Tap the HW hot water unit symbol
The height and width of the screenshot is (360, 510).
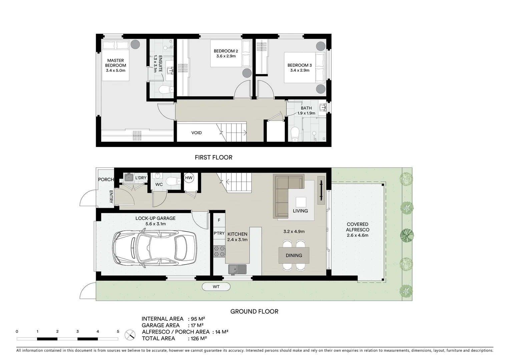click(189, 178)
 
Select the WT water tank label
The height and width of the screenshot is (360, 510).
click(216, 287)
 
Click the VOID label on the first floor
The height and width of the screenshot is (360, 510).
click(196, 133)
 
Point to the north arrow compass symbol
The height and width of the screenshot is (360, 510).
click(130, 335)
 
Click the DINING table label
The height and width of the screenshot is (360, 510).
click(294, 255)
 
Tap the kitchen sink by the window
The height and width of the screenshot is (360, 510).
click(237, 269)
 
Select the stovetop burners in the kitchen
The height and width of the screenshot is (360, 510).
click(219, 251)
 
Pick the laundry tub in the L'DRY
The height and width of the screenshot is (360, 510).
click(128, 178)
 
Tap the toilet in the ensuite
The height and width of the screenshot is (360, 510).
click(166, 90)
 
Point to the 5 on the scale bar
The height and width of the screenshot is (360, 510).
click(118, 332)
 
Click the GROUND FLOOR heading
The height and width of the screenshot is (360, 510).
click(254, 311)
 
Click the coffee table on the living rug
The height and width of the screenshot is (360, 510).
click(301, 202)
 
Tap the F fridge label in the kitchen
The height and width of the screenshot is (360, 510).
click(219, 220)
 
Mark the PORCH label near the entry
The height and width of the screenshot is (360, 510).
click(106, 179)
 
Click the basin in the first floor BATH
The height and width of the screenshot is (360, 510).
click(322, 107)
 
